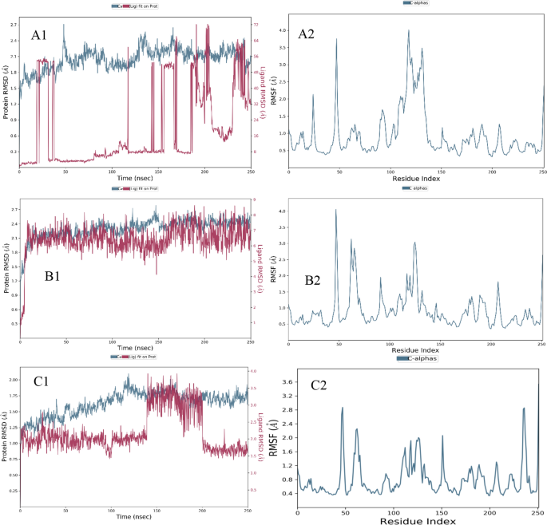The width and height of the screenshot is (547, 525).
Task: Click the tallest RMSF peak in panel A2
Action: coord(408,31)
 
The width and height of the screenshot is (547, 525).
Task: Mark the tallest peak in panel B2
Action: coord(336,210)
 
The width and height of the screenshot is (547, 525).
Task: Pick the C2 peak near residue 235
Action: coord(524,409)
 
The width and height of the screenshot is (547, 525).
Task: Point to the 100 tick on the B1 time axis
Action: coord(111,341)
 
